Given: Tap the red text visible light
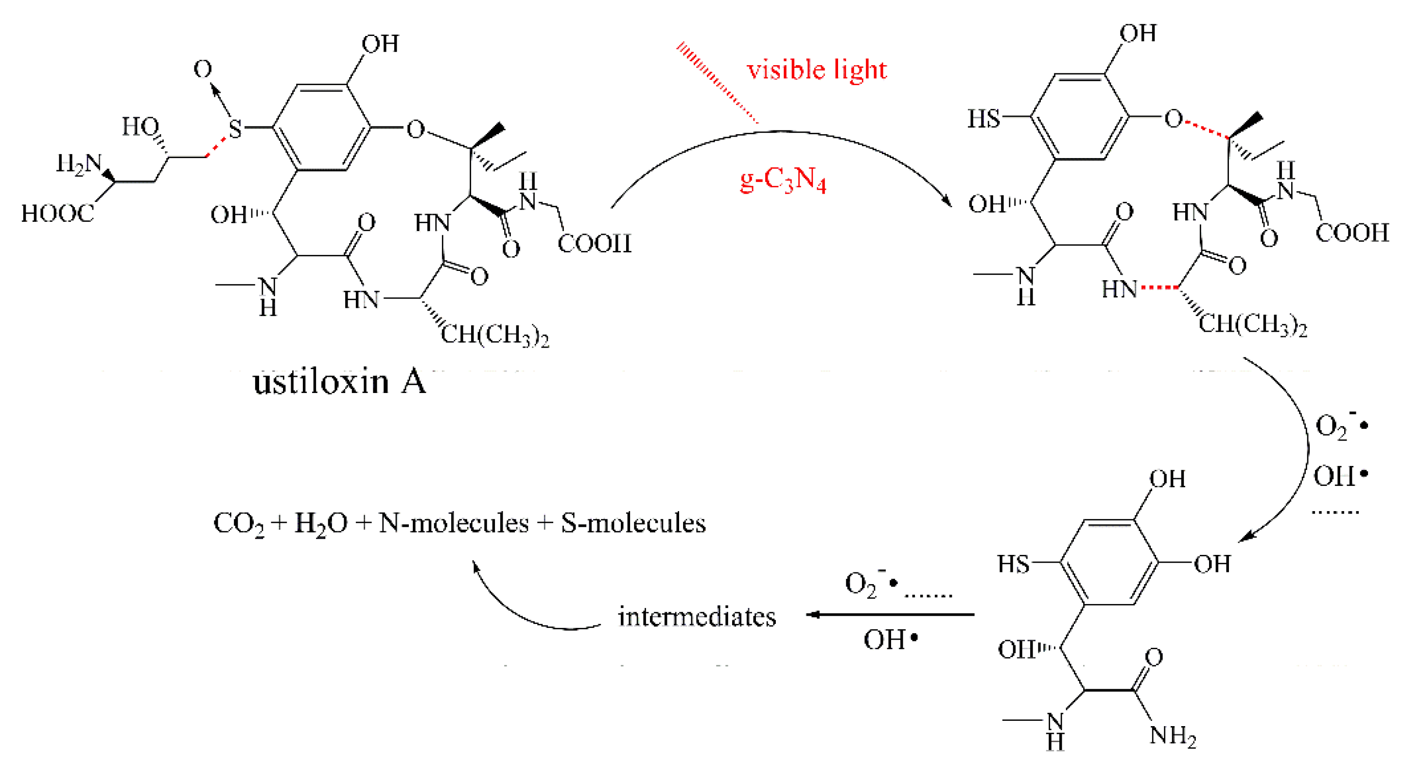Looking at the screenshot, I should point(816,70).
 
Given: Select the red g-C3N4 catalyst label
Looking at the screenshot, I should point(783,180).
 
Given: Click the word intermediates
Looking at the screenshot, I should point(697,617).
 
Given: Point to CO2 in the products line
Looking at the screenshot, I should point(239,524).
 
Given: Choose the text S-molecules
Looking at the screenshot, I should point(633,523).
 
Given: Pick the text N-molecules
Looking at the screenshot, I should point(453,523).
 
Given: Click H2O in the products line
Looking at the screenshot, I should point(321,524).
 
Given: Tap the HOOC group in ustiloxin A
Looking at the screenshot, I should point(57,214).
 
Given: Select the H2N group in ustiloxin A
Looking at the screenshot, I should point(79,163).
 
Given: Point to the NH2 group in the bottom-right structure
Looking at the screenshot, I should point(1173,735).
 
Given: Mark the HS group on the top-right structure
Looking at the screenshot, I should point(983,118).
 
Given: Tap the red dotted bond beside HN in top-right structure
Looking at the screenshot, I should point(1160,286).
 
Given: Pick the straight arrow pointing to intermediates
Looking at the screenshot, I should point(890,615).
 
